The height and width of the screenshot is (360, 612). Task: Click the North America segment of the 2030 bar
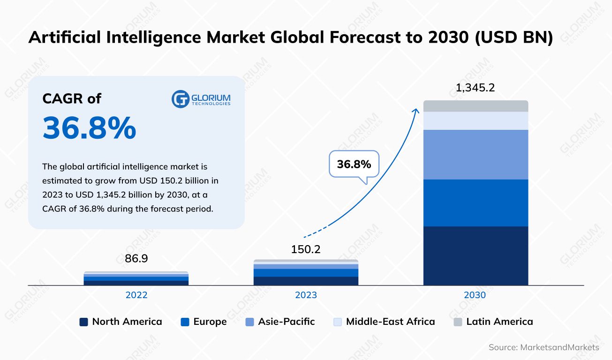pyautogui.click(x=476, y=255)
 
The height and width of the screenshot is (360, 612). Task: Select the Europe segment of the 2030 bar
pyautogui.click(x=476, y=202)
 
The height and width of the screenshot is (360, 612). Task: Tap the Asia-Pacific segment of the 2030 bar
pyautogui.click(x=476, y=154)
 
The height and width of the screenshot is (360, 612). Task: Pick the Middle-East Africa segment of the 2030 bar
pyautogui.click(x=476, y=120)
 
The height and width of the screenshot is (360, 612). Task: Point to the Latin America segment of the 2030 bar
pyautogui.click(x=476, y=106)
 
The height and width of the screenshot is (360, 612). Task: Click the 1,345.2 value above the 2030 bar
pyautogui.click(x=476, y=88)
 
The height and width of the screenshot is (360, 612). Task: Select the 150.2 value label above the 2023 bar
pyautogui.click(x=305, y=249)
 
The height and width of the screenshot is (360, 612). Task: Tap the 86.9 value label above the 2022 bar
pyautogui.click(x=136, y=259)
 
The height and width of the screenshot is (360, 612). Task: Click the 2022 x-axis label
pyautogui.click(x=136, y=295)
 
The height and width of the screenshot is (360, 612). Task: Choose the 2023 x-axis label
pyautogui.click(x=305, y=295)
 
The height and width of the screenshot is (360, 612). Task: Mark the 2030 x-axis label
pyautogui.click(x=476, y=295)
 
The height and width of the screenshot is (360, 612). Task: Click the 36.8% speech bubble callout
pyautogui.click(x=354, y=164)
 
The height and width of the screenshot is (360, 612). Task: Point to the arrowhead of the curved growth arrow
pyautogui.click(x=416, y=110)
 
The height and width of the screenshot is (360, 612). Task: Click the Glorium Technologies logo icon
pyautogui.click(x=180, y=99)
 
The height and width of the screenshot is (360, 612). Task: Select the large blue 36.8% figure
pyautogui.click(x=89, y=128)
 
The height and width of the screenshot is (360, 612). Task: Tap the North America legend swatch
pyautogui.click(x=83, y=322)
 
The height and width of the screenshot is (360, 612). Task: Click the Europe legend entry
pyautogui.click(x=204, y=322)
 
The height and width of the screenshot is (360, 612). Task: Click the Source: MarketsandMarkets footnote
pyautogui.click(x=544, y=347)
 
